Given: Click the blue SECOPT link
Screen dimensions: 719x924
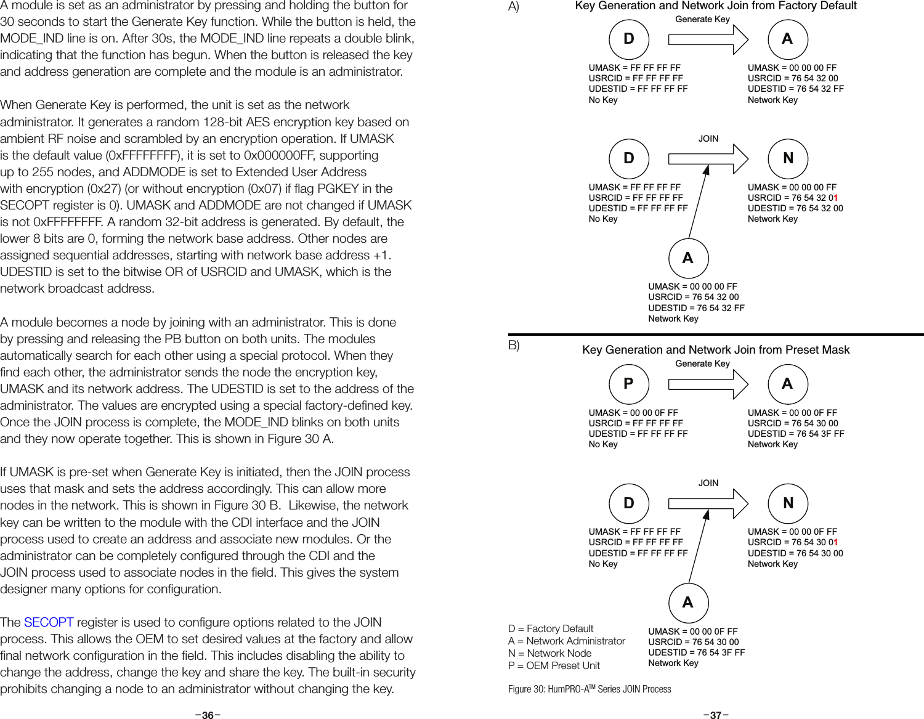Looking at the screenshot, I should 49,622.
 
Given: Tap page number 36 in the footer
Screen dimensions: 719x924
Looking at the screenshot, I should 208,715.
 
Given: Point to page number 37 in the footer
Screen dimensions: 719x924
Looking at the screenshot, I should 716,715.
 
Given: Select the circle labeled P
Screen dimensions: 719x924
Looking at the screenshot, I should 628,383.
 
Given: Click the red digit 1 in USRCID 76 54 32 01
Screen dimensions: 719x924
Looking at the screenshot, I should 835,198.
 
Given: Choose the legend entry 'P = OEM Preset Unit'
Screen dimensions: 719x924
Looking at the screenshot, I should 554,665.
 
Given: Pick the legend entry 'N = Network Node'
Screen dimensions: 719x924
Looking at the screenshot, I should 549,653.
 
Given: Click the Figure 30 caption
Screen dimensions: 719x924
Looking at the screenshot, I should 590,689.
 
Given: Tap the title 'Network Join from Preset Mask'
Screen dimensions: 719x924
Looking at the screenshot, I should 716,350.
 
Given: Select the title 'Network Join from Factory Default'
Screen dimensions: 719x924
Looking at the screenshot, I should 716,6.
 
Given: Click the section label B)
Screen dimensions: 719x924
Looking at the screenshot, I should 514,345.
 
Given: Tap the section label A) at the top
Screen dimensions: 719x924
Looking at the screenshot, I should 514,7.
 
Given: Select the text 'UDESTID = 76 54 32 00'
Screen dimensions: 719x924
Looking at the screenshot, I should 795,208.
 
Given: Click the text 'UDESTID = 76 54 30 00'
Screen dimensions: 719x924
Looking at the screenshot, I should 795,553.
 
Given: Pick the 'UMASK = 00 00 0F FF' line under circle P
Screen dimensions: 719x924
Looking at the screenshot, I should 633,413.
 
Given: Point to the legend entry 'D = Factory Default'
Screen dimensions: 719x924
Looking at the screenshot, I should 551,628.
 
